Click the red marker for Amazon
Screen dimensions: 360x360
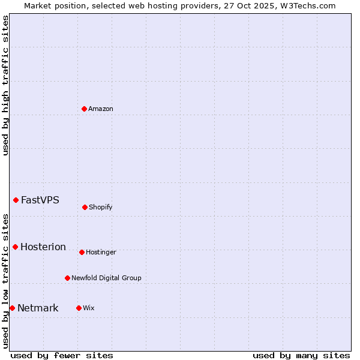tap(84, 109)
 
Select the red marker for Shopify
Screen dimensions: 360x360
tap(85, 207)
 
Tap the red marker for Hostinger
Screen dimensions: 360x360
tap(82, 252)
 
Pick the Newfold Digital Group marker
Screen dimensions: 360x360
tap(67, 278)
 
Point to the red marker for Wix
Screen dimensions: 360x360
tap(79, 308)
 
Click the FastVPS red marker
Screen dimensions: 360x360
tap(16, 200)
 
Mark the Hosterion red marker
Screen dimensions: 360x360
tap(15, 247)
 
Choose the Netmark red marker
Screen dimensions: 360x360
tap(12, 308)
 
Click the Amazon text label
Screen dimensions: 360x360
tap(101, 109)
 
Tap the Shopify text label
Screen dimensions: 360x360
tap(101, 207)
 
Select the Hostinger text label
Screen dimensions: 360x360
tap(101, 252)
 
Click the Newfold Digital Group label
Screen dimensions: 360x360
tap(106, 278)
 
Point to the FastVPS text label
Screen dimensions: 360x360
tap(40, 200)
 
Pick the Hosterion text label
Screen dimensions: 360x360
tap(43, 247)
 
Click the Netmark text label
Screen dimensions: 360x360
tap(38, 308)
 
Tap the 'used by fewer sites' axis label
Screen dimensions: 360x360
tap(62, 355)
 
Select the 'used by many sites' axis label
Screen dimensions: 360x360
tap(301, 355)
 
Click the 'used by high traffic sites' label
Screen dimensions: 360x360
tap(5, 85)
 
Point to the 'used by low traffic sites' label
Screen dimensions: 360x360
tap(5, 281)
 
